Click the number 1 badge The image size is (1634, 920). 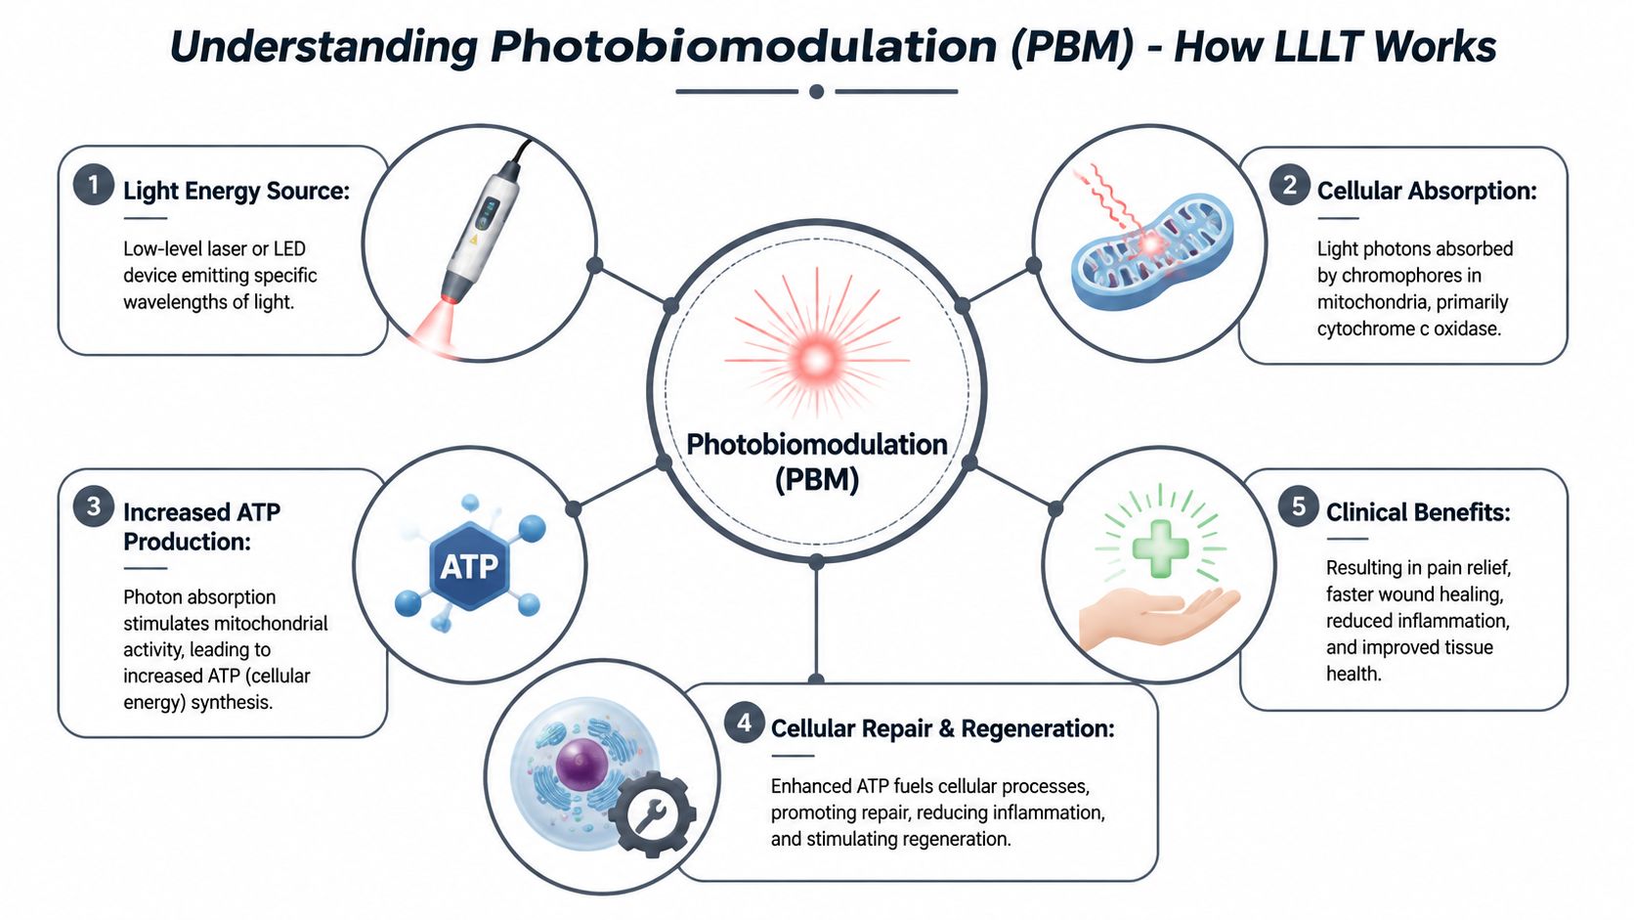click(94, 185)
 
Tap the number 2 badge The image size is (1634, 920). click(1289, 185)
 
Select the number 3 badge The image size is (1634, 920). click(94, 506)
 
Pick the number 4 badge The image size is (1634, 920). click(744, 723)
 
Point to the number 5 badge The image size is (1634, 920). click(1299, 506)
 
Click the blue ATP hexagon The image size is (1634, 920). click(469, 565)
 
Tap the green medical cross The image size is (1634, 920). click(1160, 549)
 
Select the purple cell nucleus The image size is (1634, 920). click(582, 764)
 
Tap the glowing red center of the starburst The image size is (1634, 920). click(816, 359)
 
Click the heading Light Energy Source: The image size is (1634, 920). click(236, 192)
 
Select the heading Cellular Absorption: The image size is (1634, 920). click(1427, 192)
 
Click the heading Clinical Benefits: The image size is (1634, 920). click(1418, 512)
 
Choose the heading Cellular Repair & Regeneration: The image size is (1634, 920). click(942, 728)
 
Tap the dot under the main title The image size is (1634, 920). click(817, 91)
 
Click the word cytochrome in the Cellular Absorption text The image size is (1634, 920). click(1365, 329)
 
